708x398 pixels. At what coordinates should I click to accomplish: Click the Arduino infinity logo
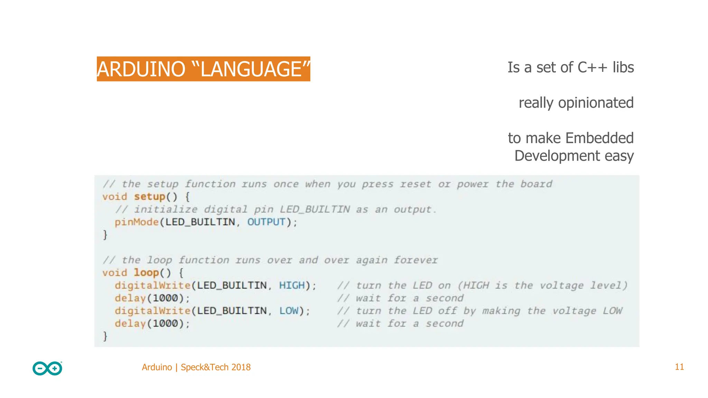[x=47, y=368]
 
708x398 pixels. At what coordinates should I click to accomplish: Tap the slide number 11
[x=679, y=367]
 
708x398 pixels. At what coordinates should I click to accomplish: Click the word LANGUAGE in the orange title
[x=251, y=69]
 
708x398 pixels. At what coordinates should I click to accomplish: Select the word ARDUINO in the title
[x=141, y=69]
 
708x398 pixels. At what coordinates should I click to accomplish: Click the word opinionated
[x=596, y=103]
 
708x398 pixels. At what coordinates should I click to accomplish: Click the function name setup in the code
[x=150, y=197]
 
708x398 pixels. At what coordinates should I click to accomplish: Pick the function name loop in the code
[x=146, y=273]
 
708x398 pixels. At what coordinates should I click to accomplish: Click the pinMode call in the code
[x=137, y=222]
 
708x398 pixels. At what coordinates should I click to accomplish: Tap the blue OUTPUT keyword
[x=266, y=222]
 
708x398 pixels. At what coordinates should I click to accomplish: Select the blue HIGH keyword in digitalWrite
[x=292, y=285]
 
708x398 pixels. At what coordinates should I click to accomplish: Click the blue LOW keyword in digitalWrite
[x=289, y=311]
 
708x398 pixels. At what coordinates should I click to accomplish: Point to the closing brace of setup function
[x=105, y=235]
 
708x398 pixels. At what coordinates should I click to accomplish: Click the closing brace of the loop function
[x=105, y=336]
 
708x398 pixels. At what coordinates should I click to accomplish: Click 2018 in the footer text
[x=241, y=367]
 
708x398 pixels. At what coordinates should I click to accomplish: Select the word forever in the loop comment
[x=416, y=260]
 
